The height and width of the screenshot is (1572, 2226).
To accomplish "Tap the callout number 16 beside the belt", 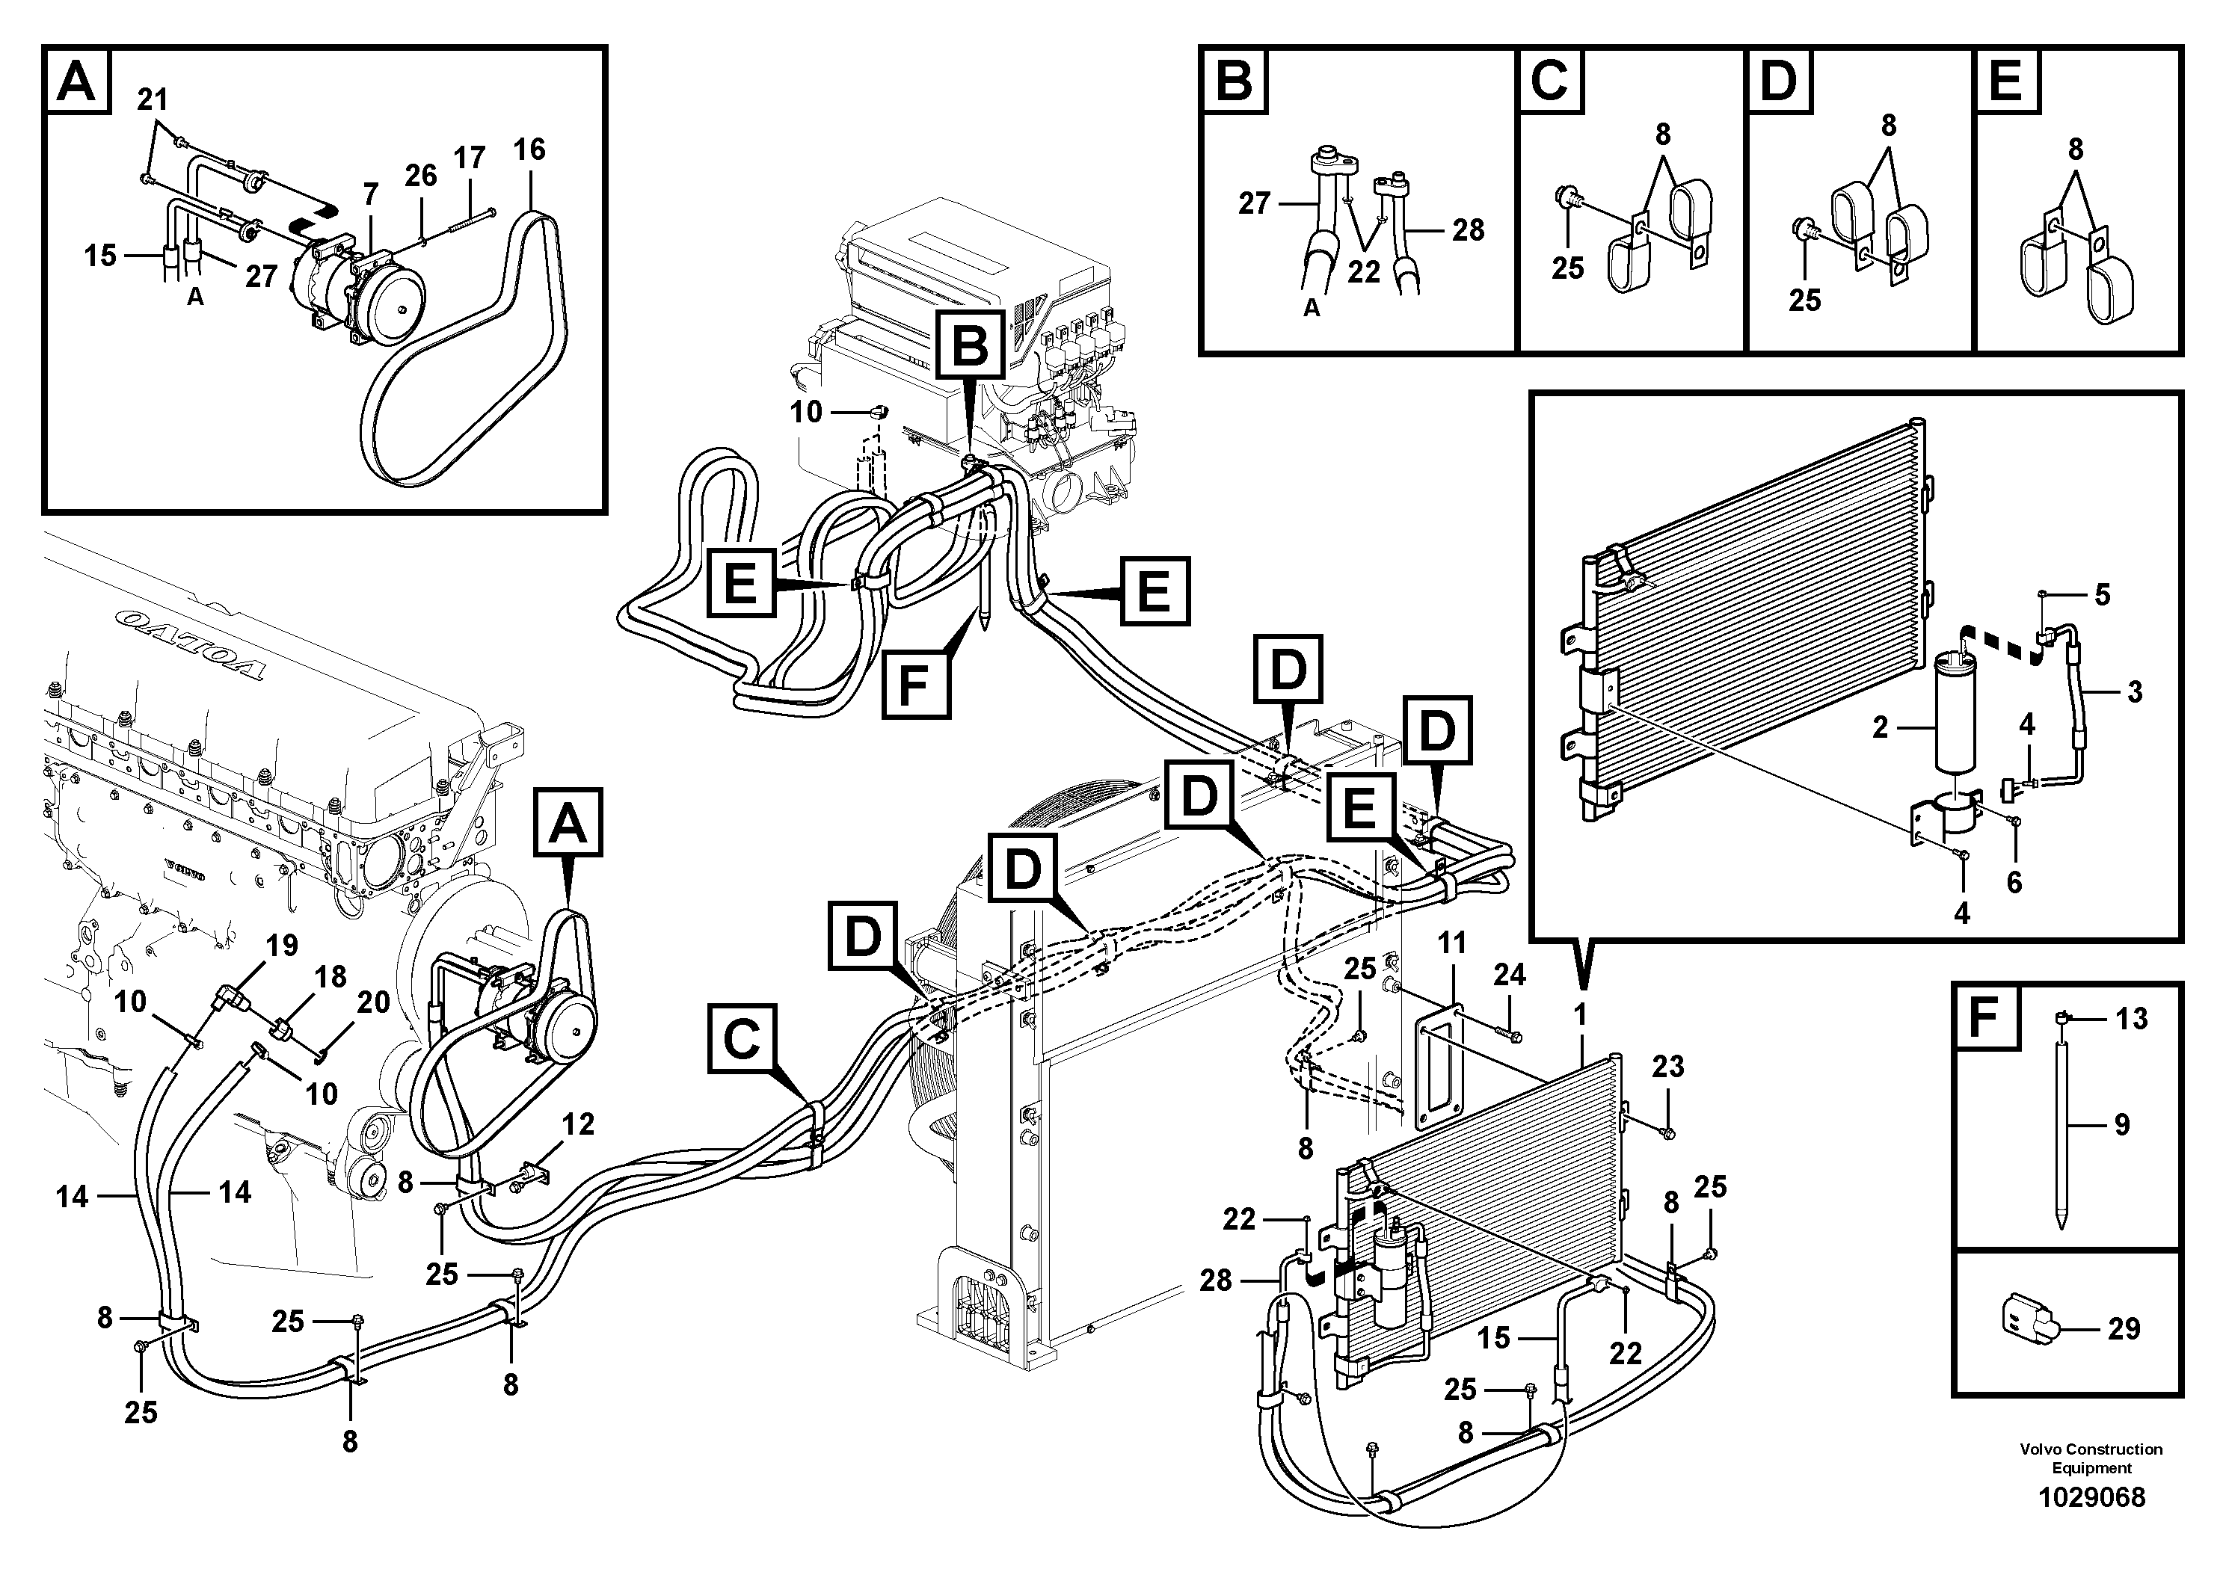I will [529, 150].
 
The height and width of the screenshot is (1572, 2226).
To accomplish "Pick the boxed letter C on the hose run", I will [742, 1040].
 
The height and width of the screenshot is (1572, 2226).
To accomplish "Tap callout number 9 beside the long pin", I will [2121, 1124].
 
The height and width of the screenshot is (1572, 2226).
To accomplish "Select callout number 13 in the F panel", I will [2131, 1019].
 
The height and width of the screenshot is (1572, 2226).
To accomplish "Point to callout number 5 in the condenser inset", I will [2102, 595].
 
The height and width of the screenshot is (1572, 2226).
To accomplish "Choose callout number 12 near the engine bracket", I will [578, 1124].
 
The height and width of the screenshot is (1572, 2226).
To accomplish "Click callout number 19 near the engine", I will [281, 945].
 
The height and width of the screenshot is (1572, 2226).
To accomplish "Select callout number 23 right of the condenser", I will [1667, 1067].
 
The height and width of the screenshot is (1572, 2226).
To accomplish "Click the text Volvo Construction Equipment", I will [2090, 1458].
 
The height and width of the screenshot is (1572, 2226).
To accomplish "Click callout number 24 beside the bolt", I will [1510, 975].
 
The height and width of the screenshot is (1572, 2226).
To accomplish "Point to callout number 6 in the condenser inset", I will [2014, 882].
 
